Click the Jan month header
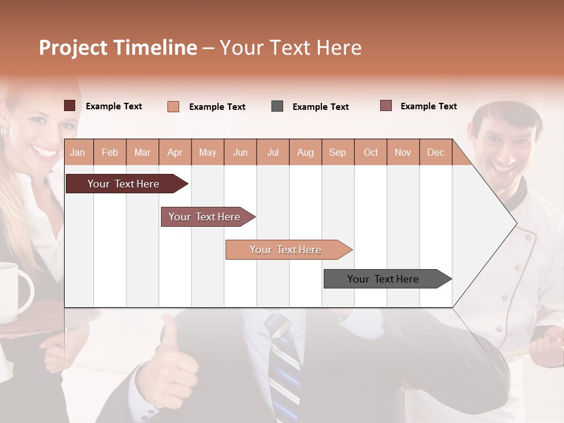pos(78,153)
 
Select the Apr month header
pos(175,153)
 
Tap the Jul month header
pos(273,153)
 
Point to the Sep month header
pos(337,153)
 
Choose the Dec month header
pos(435,153)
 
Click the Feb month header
pos(110,153)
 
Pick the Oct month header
pos(371,153)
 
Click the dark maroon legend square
pos(70,106)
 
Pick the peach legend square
pos(173,106)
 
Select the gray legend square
pos(277,106)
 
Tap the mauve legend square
pos(386,106)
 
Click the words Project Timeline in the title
pos(117,48)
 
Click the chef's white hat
pos(505,109)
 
